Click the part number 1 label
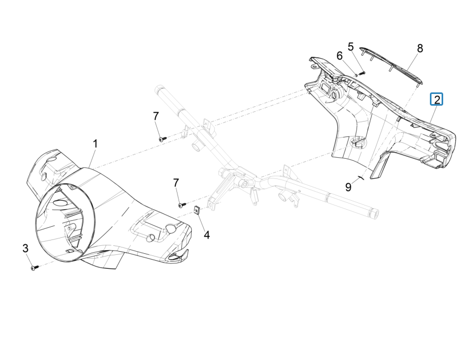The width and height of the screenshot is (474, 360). click(x=96, y=143)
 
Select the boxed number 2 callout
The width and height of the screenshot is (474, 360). click(x=436, y=99)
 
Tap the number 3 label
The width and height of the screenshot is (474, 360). click(x=25, y=248)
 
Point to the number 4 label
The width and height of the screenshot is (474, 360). click(x=207, y=234)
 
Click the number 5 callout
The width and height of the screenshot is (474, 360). click(x=351, y=47)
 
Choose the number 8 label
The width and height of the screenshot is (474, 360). click(x=420, y=48)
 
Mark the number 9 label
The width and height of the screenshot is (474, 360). click(x=349, y=187)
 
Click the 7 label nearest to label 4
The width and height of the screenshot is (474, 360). click(x=176, y=183)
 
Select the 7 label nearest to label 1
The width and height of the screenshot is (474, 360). click(x=156, y=116)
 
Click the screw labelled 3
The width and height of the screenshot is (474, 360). click(x=35, y=269)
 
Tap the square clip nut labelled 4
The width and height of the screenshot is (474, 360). click(x=197, y=210)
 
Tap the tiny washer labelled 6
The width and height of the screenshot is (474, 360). click(x=355, y=75)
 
